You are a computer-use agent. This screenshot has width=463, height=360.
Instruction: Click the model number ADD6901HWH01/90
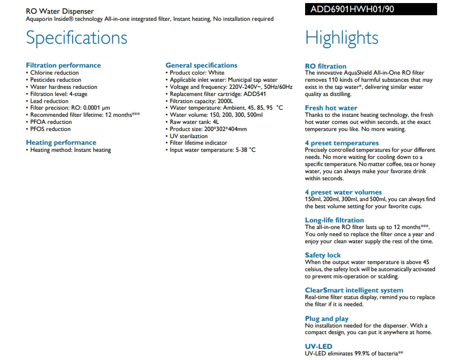[345, 9]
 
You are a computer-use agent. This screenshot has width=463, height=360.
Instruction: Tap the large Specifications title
[77, 38]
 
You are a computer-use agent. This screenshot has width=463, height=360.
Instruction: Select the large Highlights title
[342, 38]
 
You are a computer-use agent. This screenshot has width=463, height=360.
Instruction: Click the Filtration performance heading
[63, 65]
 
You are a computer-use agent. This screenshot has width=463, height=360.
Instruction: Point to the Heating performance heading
[61, 143]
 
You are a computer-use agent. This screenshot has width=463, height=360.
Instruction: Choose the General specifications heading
[202, 65]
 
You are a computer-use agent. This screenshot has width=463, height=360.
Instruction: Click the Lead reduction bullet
[49, 101]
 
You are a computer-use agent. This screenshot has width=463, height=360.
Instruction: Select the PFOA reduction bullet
[51, 122]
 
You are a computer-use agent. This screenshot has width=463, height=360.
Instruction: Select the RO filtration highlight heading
[325, 66]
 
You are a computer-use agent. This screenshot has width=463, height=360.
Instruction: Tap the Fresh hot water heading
[331, 108]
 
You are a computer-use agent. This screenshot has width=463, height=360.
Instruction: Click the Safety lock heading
[323, 255]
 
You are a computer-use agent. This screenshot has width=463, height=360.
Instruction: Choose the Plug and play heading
[326, 319]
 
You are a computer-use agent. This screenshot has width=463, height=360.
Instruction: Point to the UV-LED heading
[318, 347]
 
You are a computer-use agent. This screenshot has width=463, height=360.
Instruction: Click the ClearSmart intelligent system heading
[354, 290]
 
